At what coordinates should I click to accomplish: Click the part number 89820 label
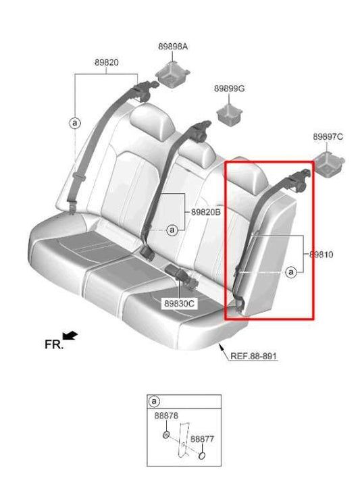pyautogui.click(x=107, y=63)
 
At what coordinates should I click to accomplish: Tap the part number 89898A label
pyautogui.click(x=173, y=47)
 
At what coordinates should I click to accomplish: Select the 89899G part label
pyautogui.click(x=230, y=88)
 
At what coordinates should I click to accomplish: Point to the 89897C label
pyautogui.click(x=328, y=136)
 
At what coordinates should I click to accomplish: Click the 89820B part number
pyautogui.click(x=206, y=212)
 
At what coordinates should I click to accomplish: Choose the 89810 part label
pyautogui.click(x=322, y=255)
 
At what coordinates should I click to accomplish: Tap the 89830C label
pyautogui.click(x=178, y=304)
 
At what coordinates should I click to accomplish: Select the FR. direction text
pyautogui.click(x=54, y=344)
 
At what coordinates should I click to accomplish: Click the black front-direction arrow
pyautogui.click(x=70, y=335)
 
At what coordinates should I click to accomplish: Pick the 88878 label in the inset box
pyautogui.click(x=166, y=417)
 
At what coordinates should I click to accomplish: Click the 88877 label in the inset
pyautogui.click(x=202, y=439)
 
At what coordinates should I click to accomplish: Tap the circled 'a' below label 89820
pyautogui.click(x=74, y=123)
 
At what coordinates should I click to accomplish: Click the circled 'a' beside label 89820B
pyautogui.click(x=172, y=230)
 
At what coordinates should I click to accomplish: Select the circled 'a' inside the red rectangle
pyautogui.click(x=291, y=272)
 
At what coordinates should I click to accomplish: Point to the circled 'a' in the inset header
pyautogui.click(x=155, y=401)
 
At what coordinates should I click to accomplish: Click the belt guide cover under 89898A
pyautogui.click(x=173, y=72)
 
